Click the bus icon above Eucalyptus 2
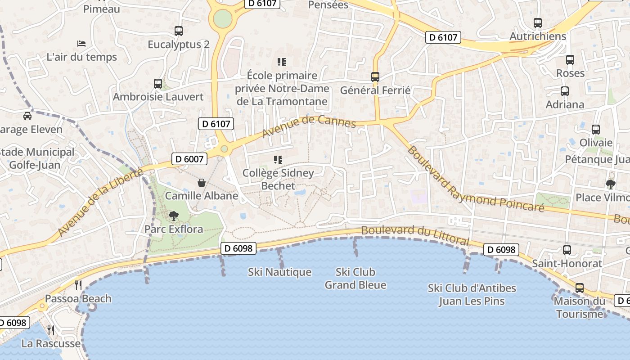[x=179, y=31]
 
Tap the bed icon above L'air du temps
[x=81, y=44]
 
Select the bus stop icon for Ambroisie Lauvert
[x=157, y=83]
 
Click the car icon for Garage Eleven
[x=27, y=116]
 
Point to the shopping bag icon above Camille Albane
[x=202, y=183]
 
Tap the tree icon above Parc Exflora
[x=173, y=216]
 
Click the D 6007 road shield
[x=189, y=159]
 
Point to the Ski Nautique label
[x=279, y=272]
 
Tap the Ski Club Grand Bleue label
[x=355, y=279]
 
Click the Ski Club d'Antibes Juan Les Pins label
[x=472, y=295]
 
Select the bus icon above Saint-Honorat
[x=567, y=250]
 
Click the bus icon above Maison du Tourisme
[x=580, y=288]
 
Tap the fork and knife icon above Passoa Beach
[x=78, y=285]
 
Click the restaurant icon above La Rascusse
[x=51, y=330]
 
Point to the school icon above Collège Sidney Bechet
[x=278, y=160]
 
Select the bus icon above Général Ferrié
[x=375, y=76]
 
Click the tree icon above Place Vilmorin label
[x=610, y=184]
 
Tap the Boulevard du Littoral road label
[x=415, y=235]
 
